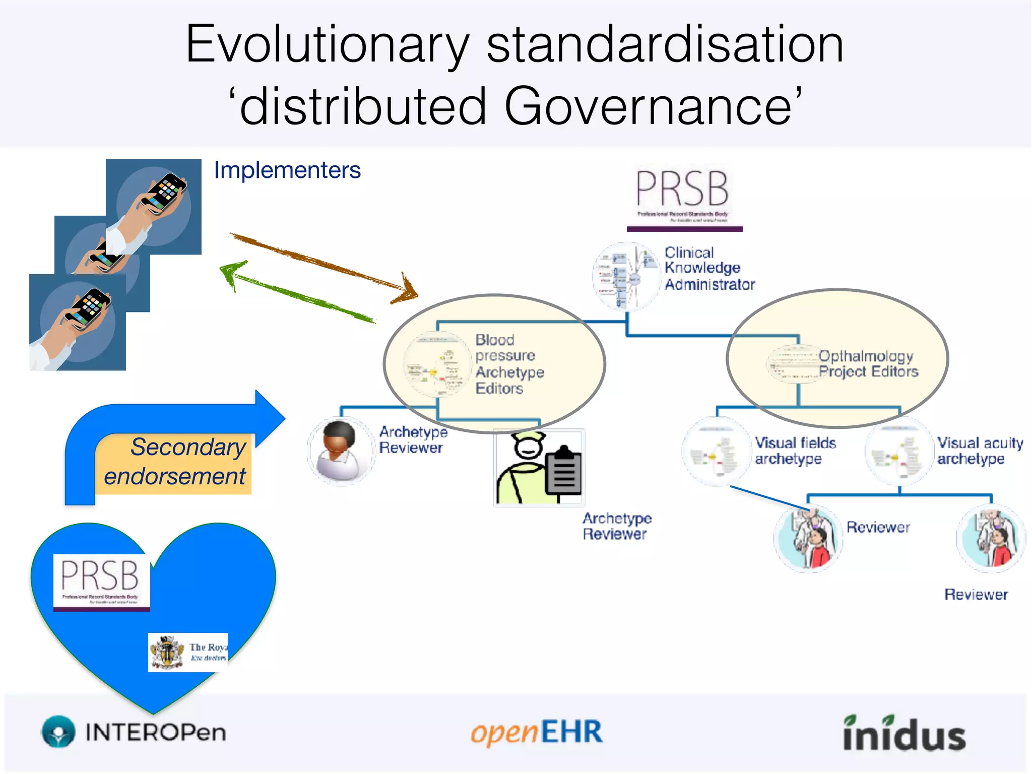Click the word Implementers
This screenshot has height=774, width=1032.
pos(287,170)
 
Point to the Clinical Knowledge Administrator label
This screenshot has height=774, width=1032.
pos(708,269)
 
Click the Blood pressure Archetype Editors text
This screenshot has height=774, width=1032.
pos(509,364)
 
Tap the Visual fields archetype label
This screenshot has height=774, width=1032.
pos(795,450)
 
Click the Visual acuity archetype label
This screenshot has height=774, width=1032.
pos(979,450)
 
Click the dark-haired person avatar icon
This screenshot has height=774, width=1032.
pos(341,451)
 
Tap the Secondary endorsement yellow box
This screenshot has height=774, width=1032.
pos(174,463)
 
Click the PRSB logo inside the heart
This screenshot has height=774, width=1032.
pos(101,582)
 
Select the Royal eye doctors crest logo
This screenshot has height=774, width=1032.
pos(187,652)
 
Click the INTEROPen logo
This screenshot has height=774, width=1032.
pos(134,732)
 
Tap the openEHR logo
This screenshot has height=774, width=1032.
pos(536,732)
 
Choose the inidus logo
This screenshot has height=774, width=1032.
pos(904,733)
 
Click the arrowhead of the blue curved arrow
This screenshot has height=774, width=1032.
pos(270,418)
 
